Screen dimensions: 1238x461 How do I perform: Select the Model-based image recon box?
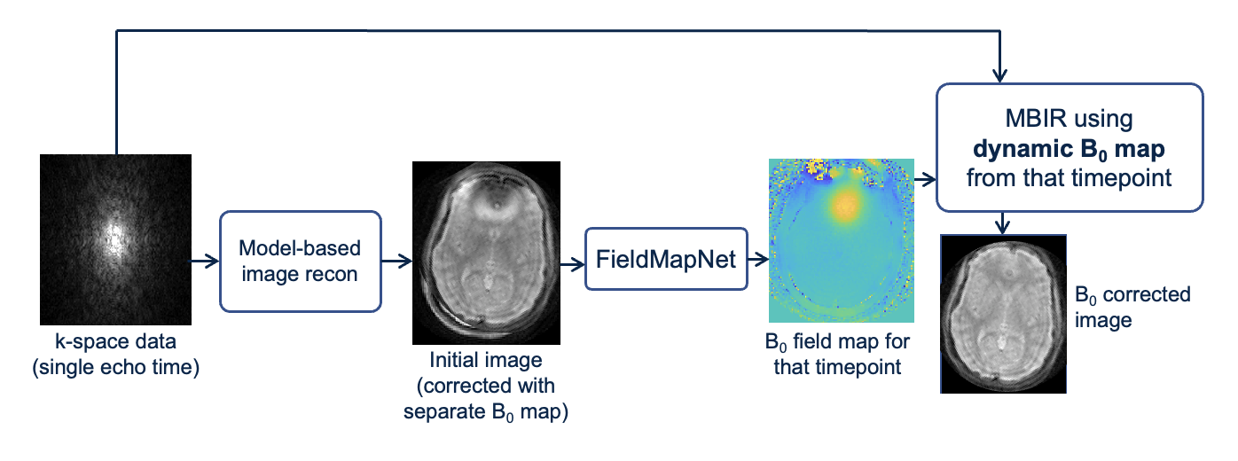point(300,261)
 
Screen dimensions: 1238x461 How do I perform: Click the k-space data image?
point(116,239)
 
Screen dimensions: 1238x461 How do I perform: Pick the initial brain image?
point(486,252)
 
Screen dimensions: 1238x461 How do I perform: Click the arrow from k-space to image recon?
point(205,261)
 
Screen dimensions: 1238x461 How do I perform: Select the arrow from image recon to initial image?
point(396,261)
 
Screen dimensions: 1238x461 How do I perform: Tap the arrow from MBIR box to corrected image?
point(1002,223)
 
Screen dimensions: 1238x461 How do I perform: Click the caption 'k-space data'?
point(115,341)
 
